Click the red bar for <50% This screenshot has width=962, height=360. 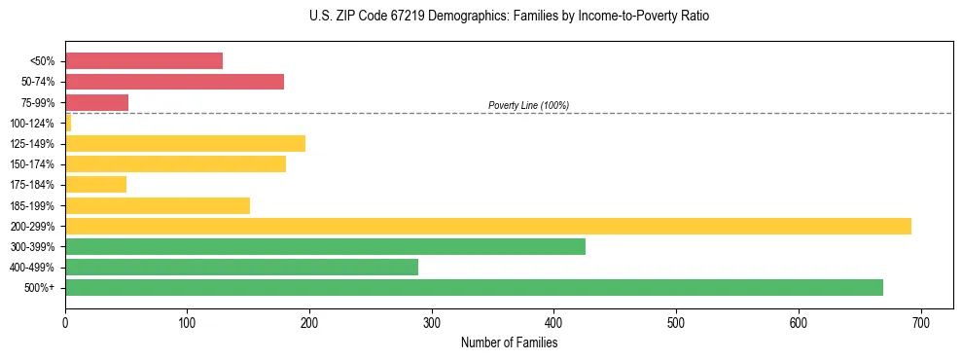(144, 61)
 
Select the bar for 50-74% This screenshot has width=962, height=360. (175, 82)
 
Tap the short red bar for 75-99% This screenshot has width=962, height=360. (97, 102)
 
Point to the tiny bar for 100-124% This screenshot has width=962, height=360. (68, 123)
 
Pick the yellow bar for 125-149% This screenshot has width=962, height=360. (185, 143)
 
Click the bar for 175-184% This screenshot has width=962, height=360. (96, 185)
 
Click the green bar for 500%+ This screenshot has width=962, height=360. (474, 287)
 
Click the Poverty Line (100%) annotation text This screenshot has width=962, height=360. (528, 105)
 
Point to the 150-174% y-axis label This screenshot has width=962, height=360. (32, 164)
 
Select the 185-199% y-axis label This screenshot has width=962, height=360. (32, 205)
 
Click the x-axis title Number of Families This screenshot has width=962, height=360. (509, 342)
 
